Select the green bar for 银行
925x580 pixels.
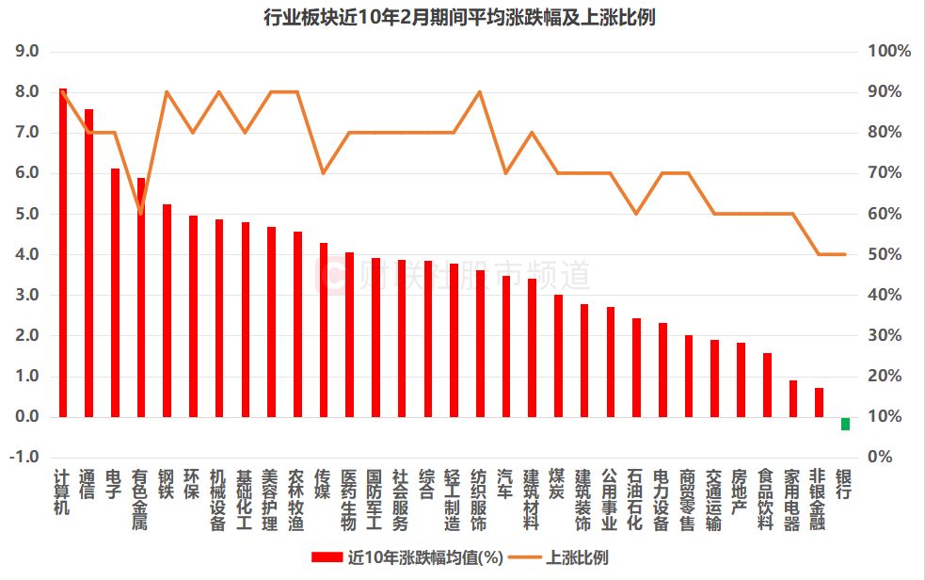845,423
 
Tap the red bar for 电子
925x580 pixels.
115,293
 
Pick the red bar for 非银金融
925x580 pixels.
819,402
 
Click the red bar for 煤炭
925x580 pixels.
558,356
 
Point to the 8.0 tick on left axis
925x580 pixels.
26,92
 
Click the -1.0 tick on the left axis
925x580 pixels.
24,457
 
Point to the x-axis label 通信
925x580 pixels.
88,484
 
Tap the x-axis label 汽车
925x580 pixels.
505,484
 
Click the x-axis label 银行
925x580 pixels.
845,484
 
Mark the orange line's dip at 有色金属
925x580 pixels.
141,213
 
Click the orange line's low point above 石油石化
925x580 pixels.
636,214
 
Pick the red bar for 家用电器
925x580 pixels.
793,398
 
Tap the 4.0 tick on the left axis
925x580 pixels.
26,254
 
